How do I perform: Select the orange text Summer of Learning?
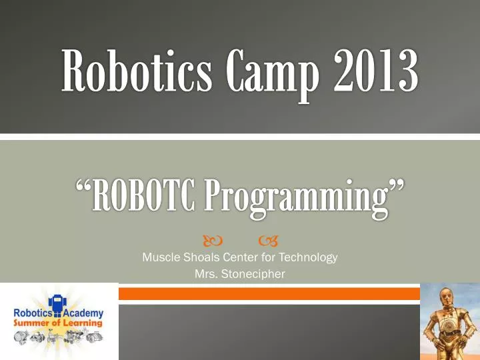point(59,323)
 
